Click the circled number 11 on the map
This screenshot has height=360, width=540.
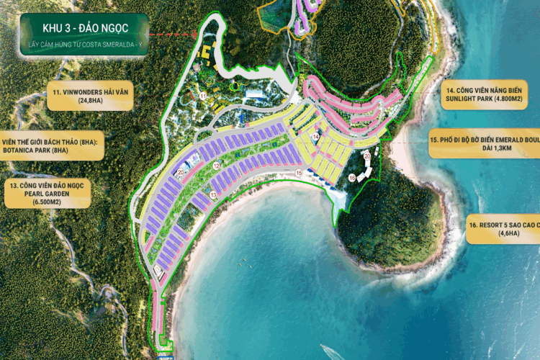point(204,94)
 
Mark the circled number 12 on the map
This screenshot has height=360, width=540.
point(216,166)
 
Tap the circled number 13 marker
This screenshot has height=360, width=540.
point(214,194)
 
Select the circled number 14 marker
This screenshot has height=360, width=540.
point(315,136)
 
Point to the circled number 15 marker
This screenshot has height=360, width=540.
point(299,173)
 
